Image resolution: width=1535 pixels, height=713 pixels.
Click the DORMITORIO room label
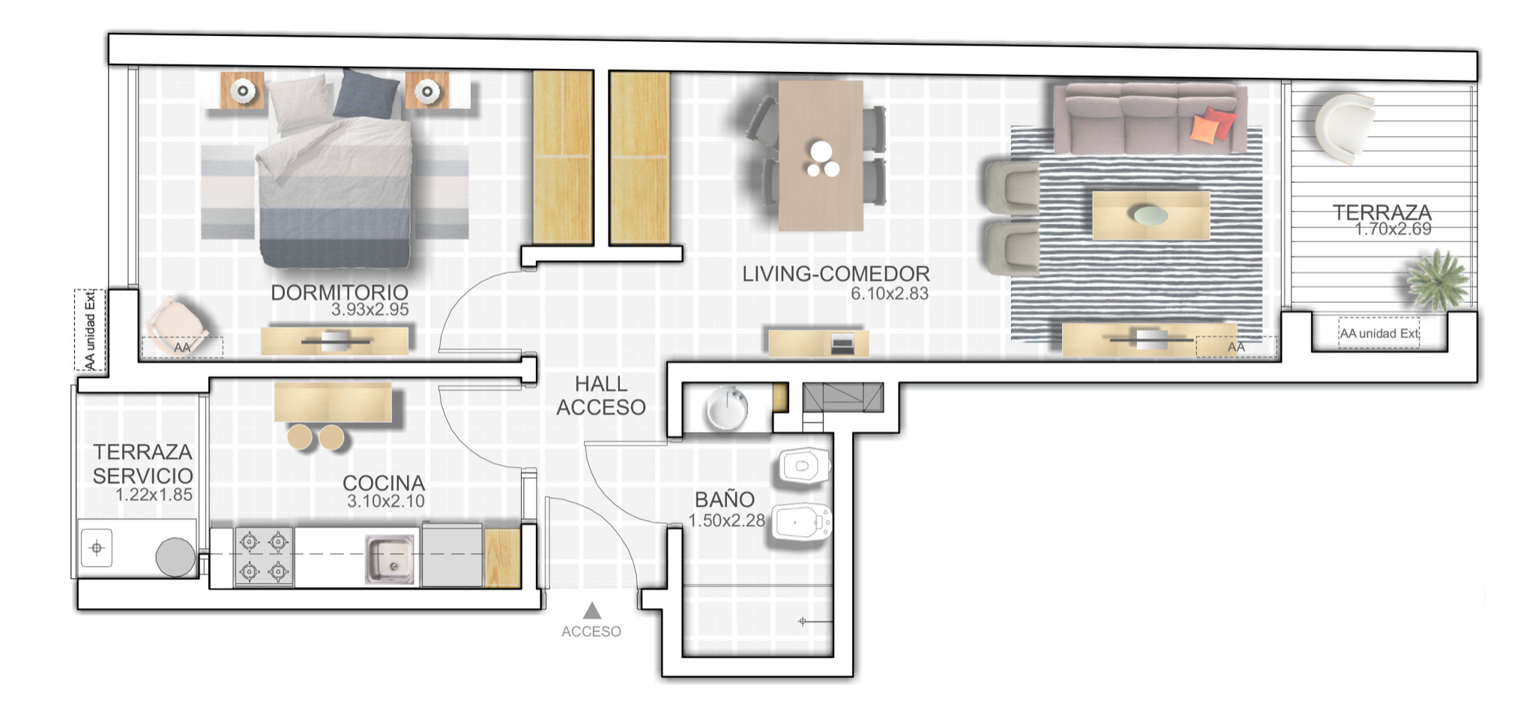click(340, 292)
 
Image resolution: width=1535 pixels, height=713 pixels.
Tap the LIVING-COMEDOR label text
click(836, 274)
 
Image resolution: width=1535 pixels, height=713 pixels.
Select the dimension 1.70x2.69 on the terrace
click(1393, 229)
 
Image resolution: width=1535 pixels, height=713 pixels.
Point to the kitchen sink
click(390, 559)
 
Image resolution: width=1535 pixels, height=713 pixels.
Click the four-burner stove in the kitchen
click(264, 556)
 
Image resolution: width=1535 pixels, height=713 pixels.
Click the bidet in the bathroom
click(803, 523)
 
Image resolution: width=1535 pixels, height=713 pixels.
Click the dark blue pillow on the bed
click(366, 94)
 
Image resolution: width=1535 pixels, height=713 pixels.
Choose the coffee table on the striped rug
click(1151, 216)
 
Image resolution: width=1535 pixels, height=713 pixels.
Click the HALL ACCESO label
click(601, 396)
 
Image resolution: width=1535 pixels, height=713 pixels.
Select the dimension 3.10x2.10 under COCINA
click(385, 502)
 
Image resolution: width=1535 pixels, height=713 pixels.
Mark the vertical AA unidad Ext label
click(90, 331)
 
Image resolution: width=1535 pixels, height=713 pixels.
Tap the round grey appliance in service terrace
click(175, 557)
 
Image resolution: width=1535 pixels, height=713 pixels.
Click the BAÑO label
click(724, 499)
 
